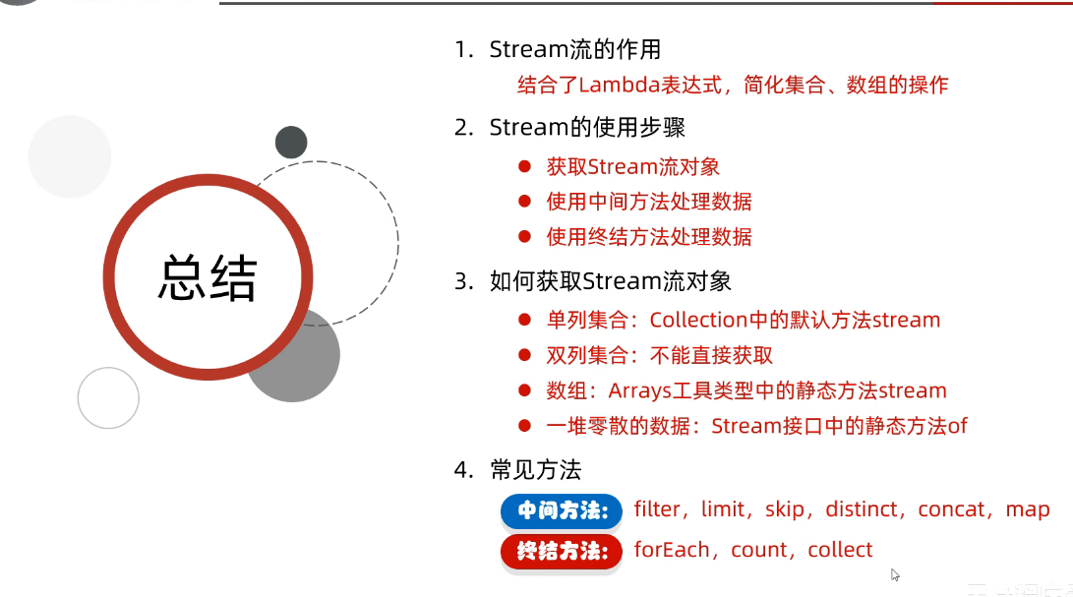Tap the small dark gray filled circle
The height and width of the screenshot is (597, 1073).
[x=291, y=143]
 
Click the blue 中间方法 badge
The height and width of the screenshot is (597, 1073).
[x=562, y=511]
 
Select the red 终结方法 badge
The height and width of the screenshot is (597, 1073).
[x=562, y=552]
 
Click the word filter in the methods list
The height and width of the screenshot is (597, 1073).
[x=657, y=509]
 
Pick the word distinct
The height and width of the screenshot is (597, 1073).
[x=862, y=509]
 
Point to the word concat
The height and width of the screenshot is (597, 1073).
[x=951, y=509]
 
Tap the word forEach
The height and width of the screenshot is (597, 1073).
[x=672, y=550]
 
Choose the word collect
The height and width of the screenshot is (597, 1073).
[x=840, y=550]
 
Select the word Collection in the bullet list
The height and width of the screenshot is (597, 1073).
[x=699, y=320]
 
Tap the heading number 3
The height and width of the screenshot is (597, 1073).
[x=462, y=281]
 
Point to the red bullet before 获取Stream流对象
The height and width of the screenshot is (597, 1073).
[x=525, y=167]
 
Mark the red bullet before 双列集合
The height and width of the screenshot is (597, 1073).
[x=525, y=355]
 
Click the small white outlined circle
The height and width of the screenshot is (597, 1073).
[x=108, y=397]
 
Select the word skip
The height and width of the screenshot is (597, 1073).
[x=786, y=509]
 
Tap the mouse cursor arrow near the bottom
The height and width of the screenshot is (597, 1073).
[x=895, y=574]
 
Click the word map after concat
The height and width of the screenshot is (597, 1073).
[x=1028, y=509]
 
